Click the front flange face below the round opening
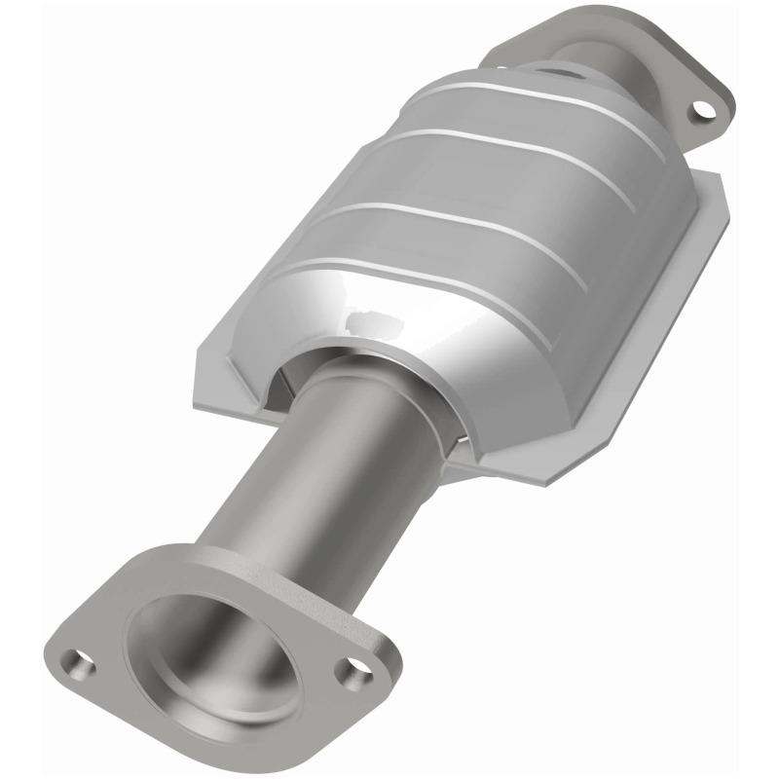(x=243, y=725)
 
